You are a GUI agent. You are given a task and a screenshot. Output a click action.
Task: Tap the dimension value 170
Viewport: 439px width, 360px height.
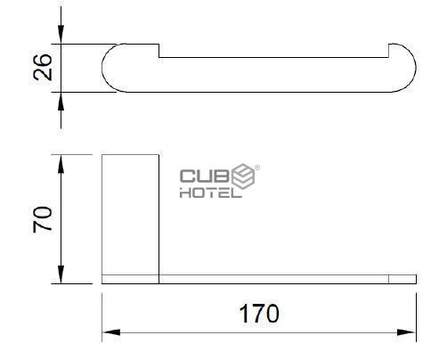(x=258, y=314)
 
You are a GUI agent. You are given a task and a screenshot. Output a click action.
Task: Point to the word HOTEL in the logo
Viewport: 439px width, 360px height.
(x=210, y=192)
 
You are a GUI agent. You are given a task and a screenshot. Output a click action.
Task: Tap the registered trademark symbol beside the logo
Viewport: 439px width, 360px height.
(x=258, y=167)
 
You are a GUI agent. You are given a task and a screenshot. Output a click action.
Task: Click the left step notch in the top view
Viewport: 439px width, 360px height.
(x=159, y=51)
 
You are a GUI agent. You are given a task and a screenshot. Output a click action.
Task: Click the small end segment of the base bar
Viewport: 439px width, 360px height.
(x=402, y=279)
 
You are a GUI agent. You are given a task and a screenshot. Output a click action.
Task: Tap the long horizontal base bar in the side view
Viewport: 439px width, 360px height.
(x=267, y=279)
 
